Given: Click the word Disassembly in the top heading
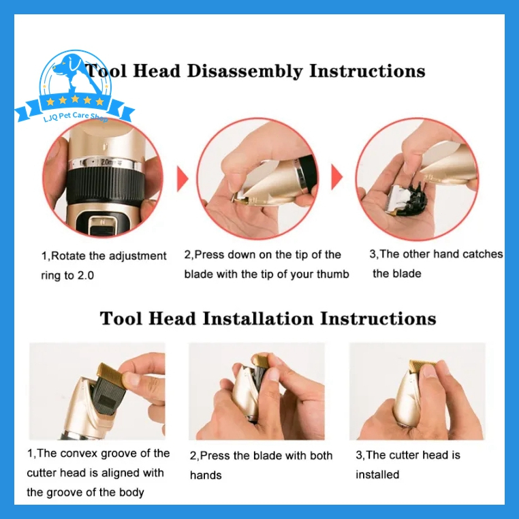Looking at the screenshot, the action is coord(245,71).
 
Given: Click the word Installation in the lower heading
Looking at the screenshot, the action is coord(258,319).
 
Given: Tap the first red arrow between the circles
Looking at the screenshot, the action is coord(183,178).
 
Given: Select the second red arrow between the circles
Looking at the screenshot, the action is coord(337,177).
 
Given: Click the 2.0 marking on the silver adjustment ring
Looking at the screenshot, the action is coord(106,162).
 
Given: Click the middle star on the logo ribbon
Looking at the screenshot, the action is coord(75,99).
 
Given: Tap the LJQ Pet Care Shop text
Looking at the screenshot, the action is coord(76,116).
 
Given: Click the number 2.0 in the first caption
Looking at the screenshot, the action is coord(85,275).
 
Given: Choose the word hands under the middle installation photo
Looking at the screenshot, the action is coord(206,475).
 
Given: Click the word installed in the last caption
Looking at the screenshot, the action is coord(377,474).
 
